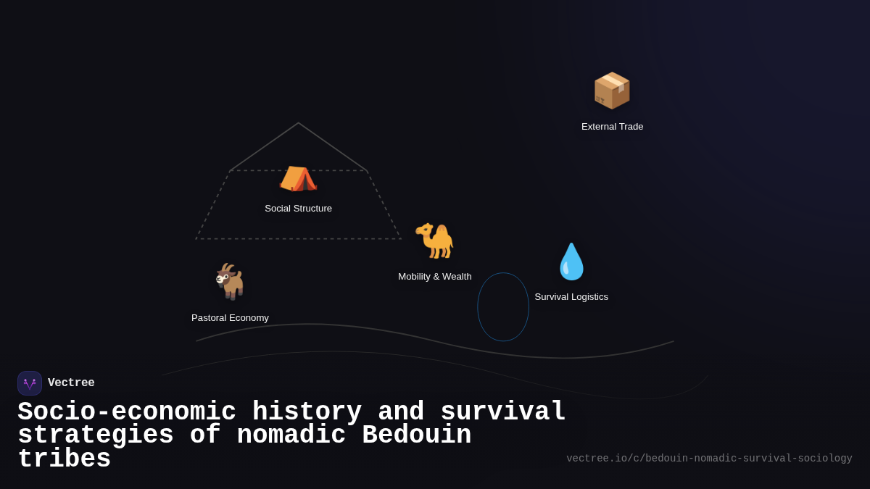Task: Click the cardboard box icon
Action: pyautogui.click(x=612, y=91)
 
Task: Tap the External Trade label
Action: pyautogui.click(x=612, y=127)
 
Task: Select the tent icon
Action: pyautogui.click(x=298, y=178)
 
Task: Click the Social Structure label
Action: pyautogui.click(x=298, y=209)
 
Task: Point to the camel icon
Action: pyautogui.click(x=435, y=241)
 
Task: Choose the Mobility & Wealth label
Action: pyautogui.click(x=435, y=277)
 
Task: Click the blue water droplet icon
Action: pyautogui.click(x=571, y=262)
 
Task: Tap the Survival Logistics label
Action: pyautogui.click(x=571, y=297)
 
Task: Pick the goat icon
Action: pyautogui.click(x=231, y=281)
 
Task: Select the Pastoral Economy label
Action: pyautogui.click(x=230, y=318)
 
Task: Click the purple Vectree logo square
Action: pyautogui.click(x=30, y=383)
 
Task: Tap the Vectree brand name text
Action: pyautogui.click(x=71, y=383)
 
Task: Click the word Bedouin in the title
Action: pyautogui.click(x=416, y=435)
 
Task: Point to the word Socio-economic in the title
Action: pyautogui.click(x=127, y=412)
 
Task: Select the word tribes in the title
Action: pyautogui.click(x=64, y=459)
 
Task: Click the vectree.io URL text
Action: pyautogui.click(x=709, y=459)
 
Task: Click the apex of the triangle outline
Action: pyautogui.click(x=298, y=123)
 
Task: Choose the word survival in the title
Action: pyautogui.click(x=502, y=412)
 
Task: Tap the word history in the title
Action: pyautogui.click(x=307, y=412)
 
